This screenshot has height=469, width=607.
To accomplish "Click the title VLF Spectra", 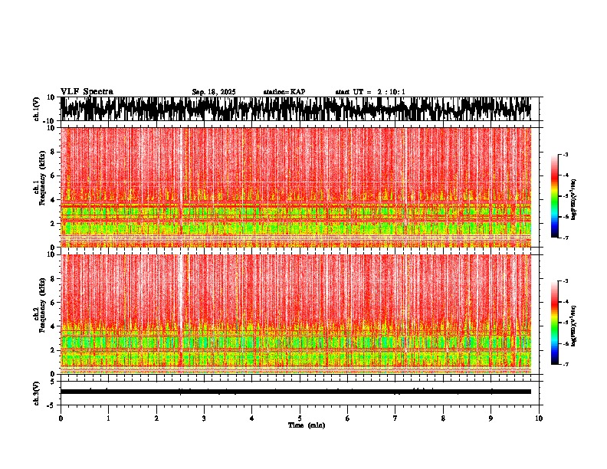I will pos(87,92).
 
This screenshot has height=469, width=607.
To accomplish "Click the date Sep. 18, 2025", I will pos(214,92).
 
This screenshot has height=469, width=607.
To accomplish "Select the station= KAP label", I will pos(284,92).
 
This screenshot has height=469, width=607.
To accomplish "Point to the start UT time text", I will pos(370,92).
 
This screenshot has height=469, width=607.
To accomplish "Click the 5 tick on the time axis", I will pos(300,418).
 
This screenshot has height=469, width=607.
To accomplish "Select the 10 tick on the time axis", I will pos(539,418).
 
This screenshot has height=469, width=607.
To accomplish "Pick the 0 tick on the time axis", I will pos(61,418).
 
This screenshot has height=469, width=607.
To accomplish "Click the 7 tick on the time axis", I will pos(395,418).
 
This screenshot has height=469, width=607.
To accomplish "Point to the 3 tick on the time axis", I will pos(204,418).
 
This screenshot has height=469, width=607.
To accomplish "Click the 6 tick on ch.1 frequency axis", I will pos(54,175).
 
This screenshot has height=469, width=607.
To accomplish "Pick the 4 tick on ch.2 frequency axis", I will pos(54,326).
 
